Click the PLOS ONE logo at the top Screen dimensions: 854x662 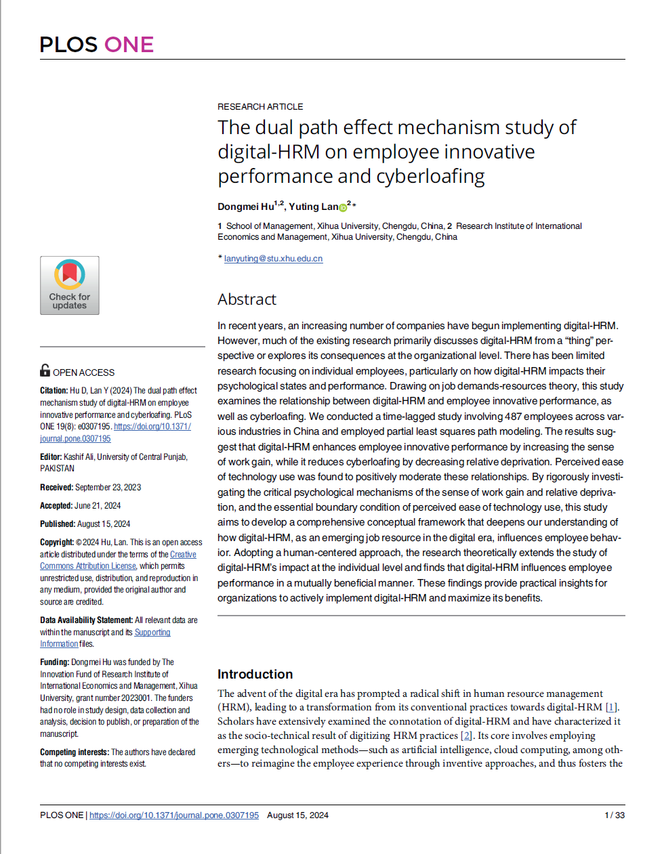(x=96, y=45)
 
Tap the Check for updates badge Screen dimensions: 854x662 (x=70, y=285)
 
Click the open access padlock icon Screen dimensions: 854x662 (x=45, y=370)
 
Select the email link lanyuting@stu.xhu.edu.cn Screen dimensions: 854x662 (x=273, y=259)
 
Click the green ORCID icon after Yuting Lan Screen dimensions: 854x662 (x=343, y=208)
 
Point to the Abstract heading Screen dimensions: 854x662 (x=247, y=299)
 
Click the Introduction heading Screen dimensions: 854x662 (x=255, y=674)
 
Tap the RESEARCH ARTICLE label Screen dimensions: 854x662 (x=260, y=107)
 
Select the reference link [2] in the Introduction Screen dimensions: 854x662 (x=466, y=735)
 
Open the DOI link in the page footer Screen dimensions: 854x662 (x=174, y=815)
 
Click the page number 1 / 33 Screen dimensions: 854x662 (x=614, y=815)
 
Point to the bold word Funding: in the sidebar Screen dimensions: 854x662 (x=54, y=662)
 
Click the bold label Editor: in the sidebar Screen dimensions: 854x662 (x=51, y=457)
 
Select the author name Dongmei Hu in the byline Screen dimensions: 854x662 (x=245, y=207)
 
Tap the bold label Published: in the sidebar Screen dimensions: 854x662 (x=58, y=524)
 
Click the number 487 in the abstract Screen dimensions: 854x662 (x=513, y=417)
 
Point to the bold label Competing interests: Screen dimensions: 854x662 (x=75, y=752)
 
